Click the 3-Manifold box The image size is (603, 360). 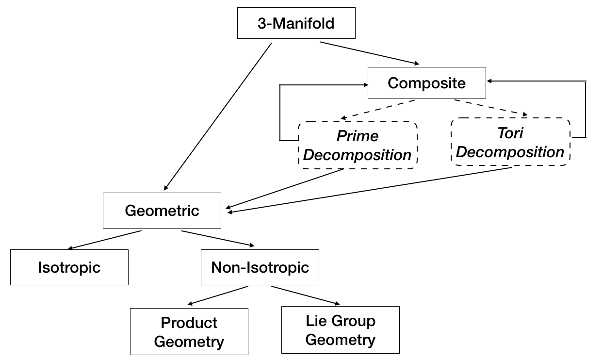pos(296,23)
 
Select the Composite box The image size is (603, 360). pos(427,82)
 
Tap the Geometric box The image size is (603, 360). pos(162,210)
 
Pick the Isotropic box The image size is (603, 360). pos(69,267)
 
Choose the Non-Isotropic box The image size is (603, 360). pos(260,267)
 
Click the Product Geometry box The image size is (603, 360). pos(189,331)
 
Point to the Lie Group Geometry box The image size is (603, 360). pos(340,329)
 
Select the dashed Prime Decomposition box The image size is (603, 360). pos(358,145)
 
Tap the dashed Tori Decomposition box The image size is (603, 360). pos(510,142)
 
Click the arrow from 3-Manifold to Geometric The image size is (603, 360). pos(217,116)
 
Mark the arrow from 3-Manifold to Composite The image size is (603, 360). pos(370,53)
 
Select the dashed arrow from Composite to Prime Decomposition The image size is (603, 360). pos(378,110)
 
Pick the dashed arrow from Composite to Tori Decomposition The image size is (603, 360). pos(491,108)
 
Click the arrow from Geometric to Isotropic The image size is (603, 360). pos(104,240)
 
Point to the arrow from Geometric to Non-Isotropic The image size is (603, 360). pos(217,238)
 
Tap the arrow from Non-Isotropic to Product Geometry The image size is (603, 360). pos(217,295)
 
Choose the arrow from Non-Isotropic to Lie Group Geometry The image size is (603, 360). pos(305,295)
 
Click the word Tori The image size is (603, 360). pos(510,133)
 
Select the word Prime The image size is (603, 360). pos(358,136)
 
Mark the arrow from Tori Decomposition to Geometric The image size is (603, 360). pos(370,190)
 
